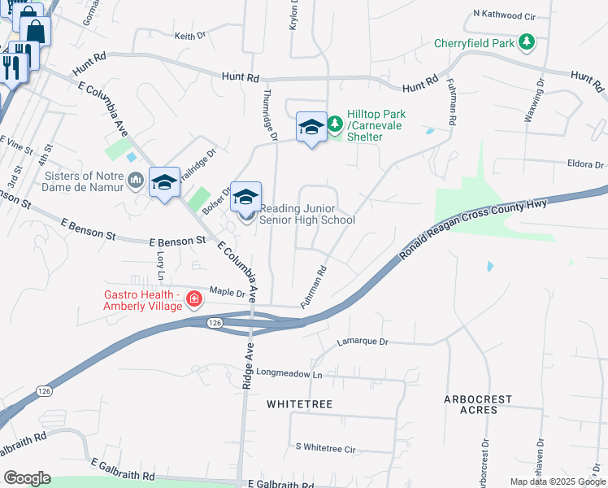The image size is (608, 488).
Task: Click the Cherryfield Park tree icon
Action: click(528, 42)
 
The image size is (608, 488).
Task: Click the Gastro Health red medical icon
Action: click(193, 299)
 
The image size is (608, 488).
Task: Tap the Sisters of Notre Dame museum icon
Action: click(136, 180)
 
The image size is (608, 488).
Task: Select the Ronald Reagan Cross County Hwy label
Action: click(475, 231)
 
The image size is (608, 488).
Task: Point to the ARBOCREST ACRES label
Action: click(479, 404)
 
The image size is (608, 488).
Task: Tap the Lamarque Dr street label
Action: click(363, 342)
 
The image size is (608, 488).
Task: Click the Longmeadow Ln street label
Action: click(290, 374)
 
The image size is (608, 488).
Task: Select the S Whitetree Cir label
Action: click(326, 448)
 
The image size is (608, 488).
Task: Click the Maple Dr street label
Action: click(227, 290)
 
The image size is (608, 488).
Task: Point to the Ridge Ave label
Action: click(246, 371)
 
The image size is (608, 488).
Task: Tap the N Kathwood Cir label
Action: click(505, 15)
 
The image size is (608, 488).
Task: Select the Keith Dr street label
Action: click(190, 36)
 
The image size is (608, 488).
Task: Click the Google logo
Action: click(27, 478)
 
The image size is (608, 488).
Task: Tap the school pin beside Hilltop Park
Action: click(311, 128)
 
